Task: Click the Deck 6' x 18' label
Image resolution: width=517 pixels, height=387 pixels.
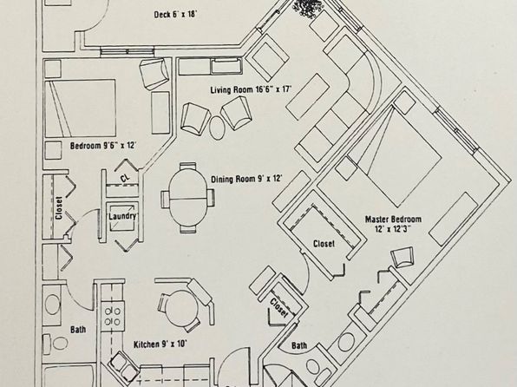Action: tap(175, 15)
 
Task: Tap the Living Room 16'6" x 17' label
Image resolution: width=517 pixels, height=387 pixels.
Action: tap(252, 89)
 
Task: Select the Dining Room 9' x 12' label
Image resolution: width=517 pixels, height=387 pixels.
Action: tap(246, 179)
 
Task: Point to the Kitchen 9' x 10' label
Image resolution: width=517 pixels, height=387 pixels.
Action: tap(160, 344)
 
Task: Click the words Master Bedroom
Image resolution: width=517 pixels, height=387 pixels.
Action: tap(393, 220)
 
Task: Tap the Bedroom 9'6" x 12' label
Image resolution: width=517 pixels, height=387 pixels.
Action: tap(103, 146)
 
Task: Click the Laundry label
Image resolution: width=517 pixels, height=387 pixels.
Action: tap(122, 216)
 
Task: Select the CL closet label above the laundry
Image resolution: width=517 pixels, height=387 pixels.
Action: tap(125, 179)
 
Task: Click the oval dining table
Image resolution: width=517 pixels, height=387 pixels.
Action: tap(188, 198)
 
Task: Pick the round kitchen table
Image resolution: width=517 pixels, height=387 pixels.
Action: tap(181, 308)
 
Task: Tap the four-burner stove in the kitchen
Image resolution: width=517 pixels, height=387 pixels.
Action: tap(113, 316)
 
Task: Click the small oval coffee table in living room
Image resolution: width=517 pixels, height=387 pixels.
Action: tap(217, 128)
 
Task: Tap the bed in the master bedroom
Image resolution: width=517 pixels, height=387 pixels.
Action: tap(393, 155)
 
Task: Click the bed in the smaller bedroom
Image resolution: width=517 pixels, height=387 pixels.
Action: tap(80, 108)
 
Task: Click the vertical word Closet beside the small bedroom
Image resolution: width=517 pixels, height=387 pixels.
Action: tap(59, 208)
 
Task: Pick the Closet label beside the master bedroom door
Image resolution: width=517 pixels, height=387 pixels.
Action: tap(324, 244)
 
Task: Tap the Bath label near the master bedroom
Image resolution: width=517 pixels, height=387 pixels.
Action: tap(299, 345)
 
